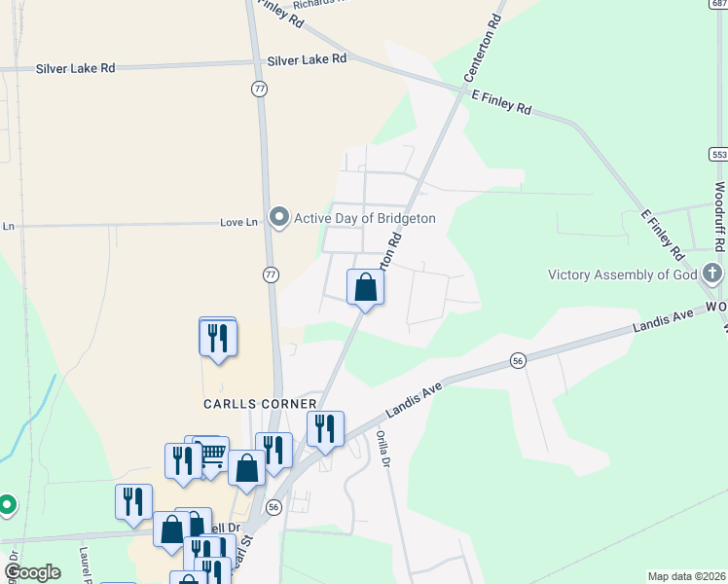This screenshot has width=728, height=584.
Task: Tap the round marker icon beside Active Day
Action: click(x=280, y=217)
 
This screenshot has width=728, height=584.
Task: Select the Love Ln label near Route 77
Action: click(x=238, y=223)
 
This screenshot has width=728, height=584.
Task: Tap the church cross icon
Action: click(x=712, y=274)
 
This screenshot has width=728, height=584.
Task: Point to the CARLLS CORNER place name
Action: click(x=260, y=404)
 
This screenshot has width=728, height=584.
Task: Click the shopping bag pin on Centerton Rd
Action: click(x=366, y=287)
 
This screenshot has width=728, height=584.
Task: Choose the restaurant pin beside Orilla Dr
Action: click(x=325, y=428)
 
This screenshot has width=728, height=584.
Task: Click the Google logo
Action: click(x=32, y=572)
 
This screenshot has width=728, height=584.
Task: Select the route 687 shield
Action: click(x=718, y=5)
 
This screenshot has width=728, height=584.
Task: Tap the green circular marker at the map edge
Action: click(x=7, y=504)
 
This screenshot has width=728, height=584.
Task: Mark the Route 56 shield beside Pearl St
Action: click(x=273, y=507)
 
